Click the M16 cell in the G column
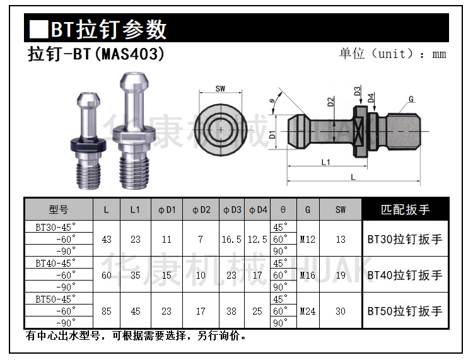308,275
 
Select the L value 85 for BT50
106,311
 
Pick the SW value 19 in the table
341,275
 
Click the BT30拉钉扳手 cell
405,239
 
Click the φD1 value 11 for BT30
166,239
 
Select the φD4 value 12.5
257,239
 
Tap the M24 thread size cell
308,311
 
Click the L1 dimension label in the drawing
325,163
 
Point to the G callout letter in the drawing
411,99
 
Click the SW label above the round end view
220,89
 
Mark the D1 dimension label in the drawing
272,134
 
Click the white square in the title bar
38,29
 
